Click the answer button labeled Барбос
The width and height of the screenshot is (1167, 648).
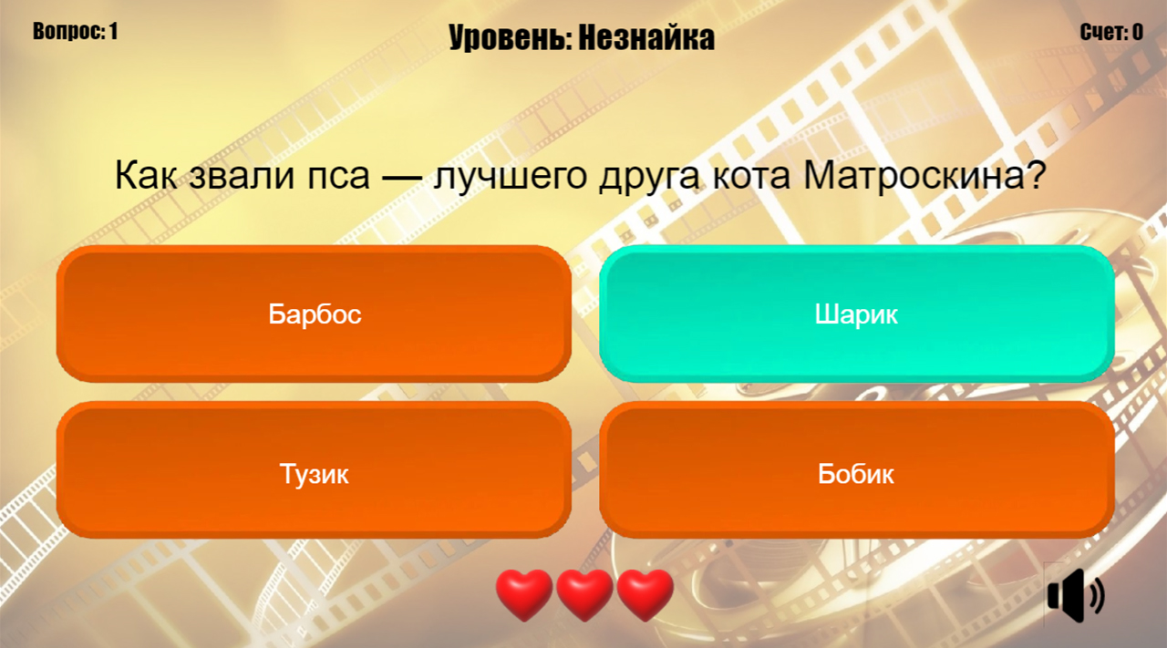(x=315, y=314)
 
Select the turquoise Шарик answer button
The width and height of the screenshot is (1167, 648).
(x=856, y=314)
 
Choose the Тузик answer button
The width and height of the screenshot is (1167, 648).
(x=315, y=474)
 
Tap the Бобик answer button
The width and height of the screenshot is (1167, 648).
(x=856, y=474)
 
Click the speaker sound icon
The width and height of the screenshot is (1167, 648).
(x=1075, y=596)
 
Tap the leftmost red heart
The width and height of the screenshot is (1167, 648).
(x=523, y=593)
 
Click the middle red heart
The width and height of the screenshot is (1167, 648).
(x=584, y=593)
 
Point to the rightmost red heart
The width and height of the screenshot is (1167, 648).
(x=645, y=593)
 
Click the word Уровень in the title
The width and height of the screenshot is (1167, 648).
(x=507, y=38)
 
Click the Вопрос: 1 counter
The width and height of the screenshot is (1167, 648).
(x=76, y=31)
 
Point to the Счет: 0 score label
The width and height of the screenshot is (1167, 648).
(x=1111, y=33)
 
